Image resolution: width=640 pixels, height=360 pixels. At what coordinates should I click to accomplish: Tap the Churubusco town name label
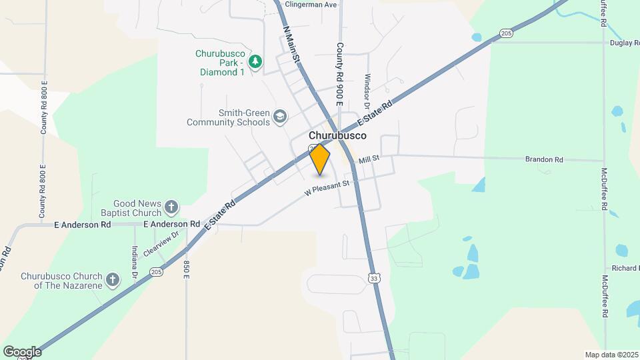[337, 135]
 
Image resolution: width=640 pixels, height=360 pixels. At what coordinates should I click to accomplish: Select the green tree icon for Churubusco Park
[255, 62]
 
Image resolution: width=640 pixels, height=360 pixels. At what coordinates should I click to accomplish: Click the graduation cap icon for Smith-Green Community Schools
[281, 118]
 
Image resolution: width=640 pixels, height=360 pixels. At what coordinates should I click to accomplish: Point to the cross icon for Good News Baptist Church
[171, 207]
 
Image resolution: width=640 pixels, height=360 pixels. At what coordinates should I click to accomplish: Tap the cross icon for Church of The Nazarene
[113, 279]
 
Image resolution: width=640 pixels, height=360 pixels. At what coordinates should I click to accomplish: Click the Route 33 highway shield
[375, 279]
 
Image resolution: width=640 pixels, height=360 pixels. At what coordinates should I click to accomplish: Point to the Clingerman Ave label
[311, 4]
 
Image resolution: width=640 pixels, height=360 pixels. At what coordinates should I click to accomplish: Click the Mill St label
[369, 159]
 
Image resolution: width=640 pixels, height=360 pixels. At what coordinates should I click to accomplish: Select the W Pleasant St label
[327, 187]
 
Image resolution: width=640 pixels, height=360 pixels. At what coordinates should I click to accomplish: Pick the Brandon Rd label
[544, 160]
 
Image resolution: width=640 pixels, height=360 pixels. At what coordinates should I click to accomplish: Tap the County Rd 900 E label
[339, 75]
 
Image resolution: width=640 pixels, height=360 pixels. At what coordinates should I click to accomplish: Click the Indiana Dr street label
[134, 261]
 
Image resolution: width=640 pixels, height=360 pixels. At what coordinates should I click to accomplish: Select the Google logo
[22, 351]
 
